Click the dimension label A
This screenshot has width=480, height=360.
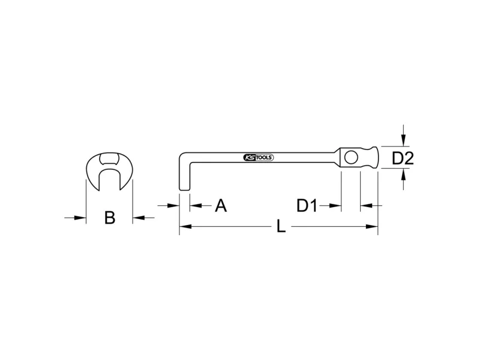221,205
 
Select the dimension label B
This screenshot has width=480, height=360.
110,218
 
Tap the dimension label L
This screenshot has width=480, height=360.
281,227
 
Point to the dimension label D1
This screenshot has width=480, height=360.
307,205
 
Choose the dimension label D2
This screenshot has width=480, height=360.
403,158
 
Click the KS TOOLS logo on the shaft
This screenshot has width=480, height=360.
259,158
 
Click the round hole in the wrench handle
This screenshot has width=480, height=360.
351,157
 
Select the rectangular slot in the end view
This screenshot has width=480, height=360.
109,159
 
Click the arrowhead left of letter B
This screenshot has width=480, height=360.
80,218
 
